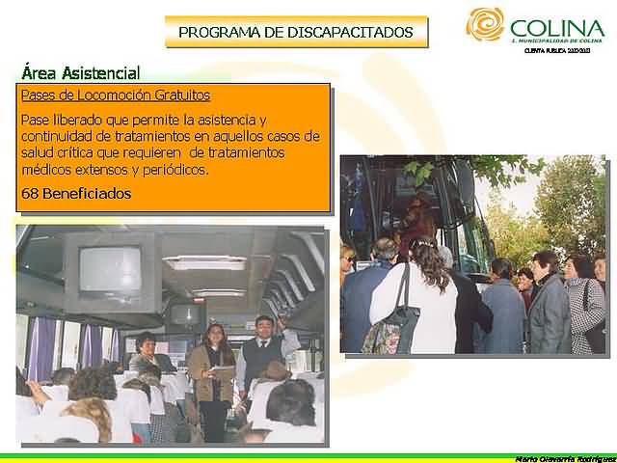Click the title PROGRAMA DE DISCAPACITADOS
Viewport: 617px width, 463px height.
pos(296,33)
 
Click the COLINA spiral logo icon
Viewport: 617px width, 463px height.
pos(484,24)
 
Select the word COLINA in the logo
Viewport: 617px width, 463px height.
pos(557,28)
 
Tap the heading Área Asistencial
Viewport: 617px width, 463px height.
pos(80,73)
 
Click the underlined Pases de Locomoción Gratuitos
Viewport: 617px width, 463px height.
pos(116,95)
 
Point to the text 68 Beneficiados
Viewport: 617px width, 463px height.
pos(75,194)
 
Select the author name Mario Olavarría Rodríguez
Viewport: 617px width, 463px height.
pos(563,457)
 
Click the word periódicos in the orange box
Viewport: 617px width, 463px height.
pos(175,171)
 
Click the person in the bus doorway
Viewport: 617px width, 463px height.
pos(418,218)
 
